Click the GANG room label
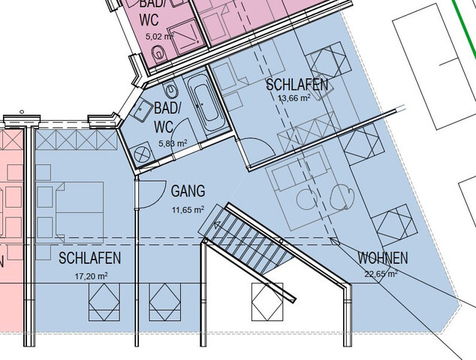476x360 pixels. [188, 191]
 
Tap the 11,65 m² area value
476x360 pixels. [188, 209]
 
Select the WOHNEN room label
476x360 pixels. [382, 259]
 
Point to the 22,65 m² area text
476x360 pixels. [380, 274]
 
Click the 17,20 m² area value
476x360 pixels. [90, 276]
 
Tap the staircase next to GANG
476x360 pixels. [244, 236]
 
